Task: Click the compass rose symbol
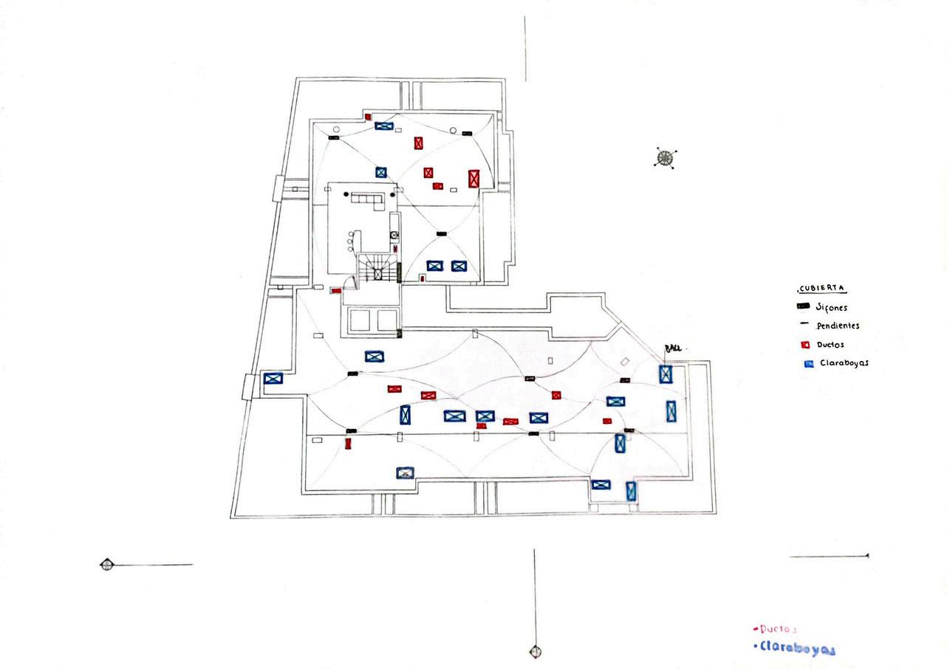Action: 666,157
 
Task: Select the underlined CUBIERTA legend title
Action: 821,288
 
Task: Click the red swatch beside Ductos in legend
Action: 804,345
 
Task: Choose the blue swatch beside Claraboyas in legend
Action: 807,364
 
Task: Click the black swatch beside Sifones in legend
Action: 804,306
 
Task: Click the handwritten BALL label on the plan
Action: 673,347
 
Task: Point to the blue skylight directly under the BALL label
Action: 666,374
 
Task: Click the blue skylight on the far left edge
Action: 273,379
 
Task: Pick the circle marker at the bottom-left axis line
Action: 107,565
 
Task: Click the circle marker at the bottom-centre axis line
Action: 534,651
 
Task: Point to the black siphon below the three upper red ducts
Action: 442,233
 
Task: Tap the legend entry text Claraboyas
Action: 844,363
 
